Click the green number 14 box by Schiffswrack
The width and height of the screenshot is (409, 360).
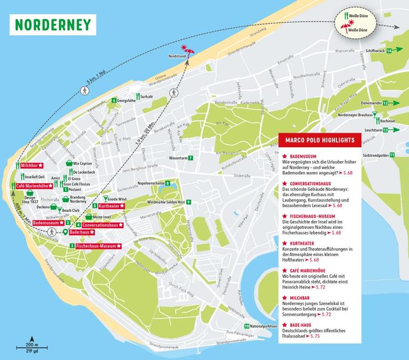click(389, 51)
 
